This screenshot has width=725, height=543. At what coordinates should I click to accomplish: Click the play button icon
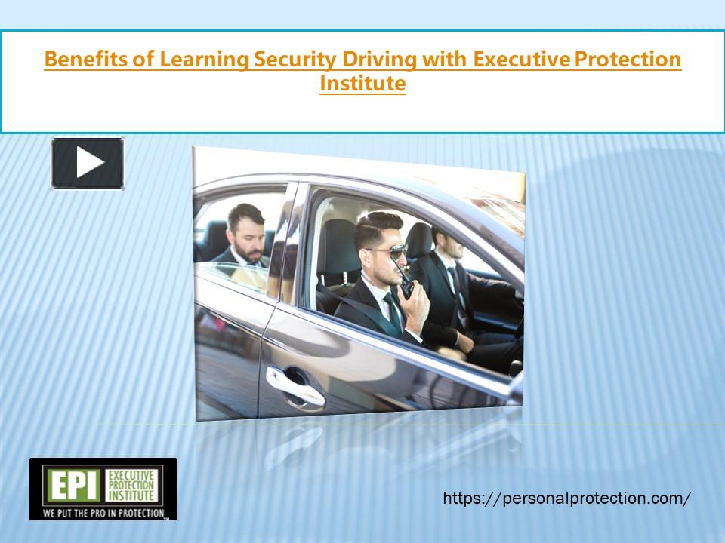tap(88, 163)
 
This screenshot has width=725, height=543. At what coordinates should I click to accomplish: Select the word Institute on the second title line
tap(362, 83)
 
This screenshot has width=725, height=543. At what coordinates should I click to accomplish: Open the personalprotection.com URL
tap(566, 498)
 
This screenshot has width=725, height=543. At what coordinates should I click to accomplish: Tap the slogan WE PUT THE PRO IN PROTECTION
tap(103, 513)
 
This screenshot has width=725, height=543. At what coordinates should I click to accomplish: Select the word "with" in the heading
tap(439, 60)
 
